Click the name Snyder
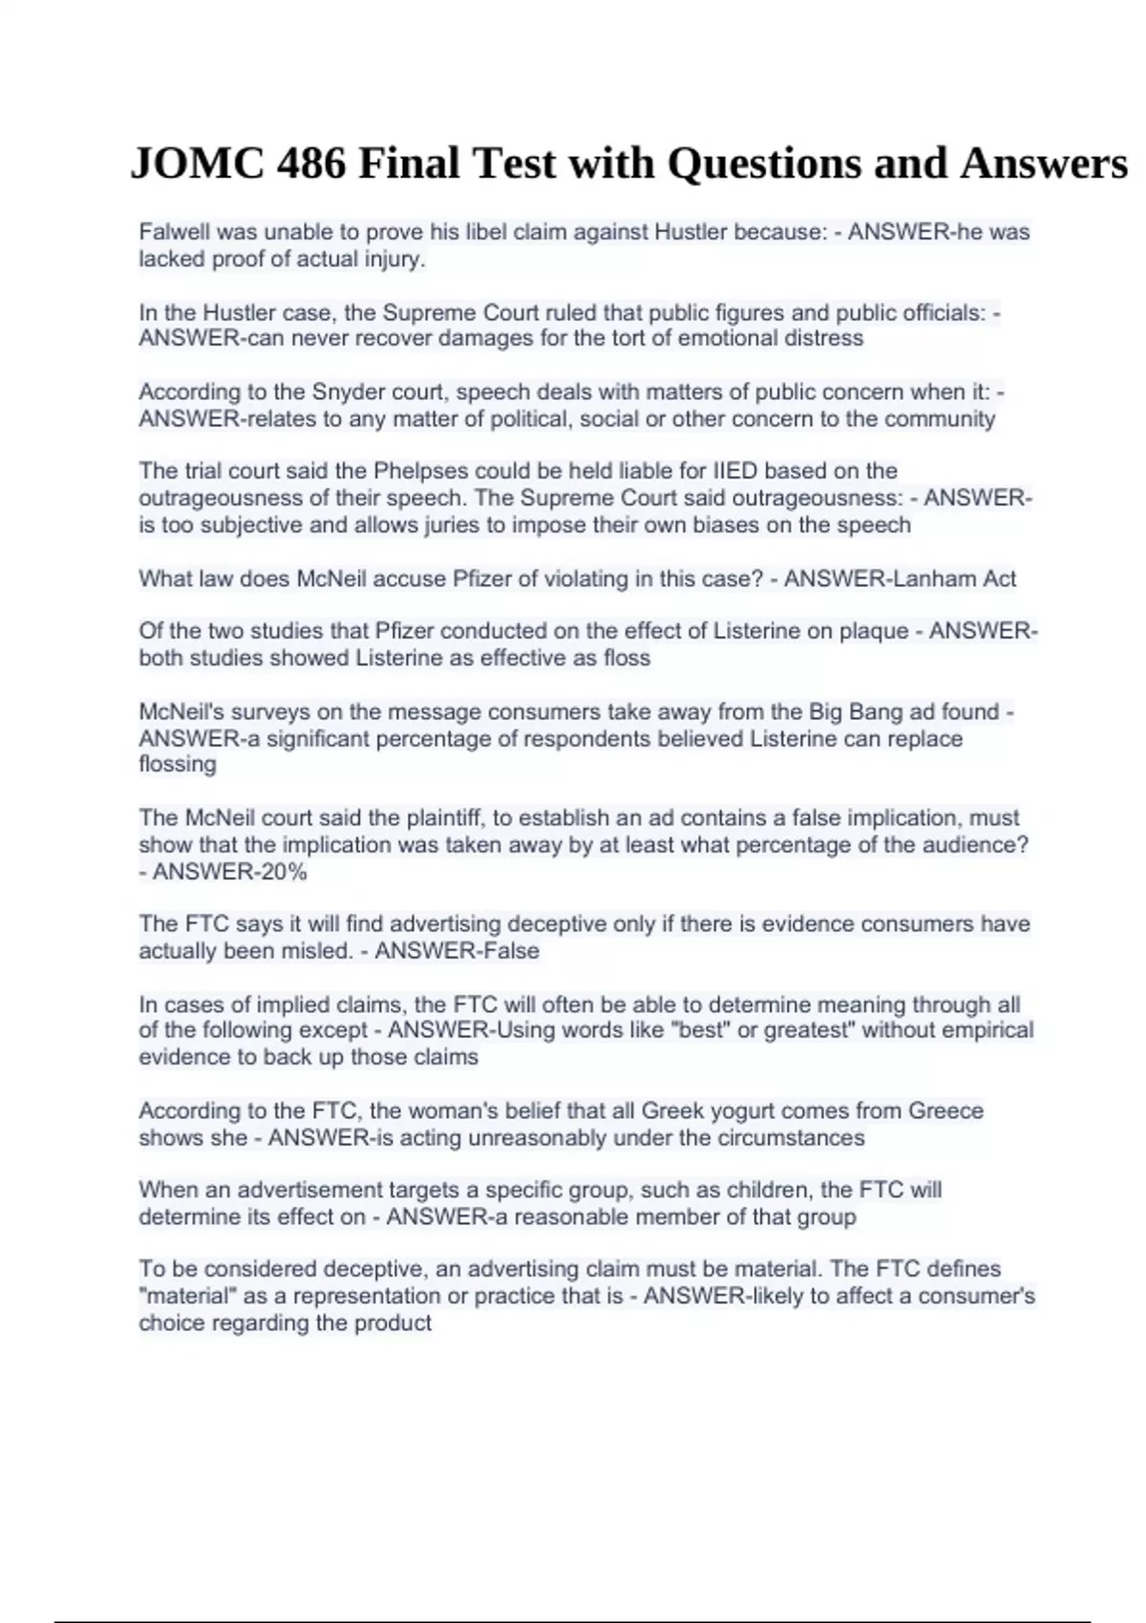(x=345, y=391)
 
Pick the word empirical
(x=988, y=1030)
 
